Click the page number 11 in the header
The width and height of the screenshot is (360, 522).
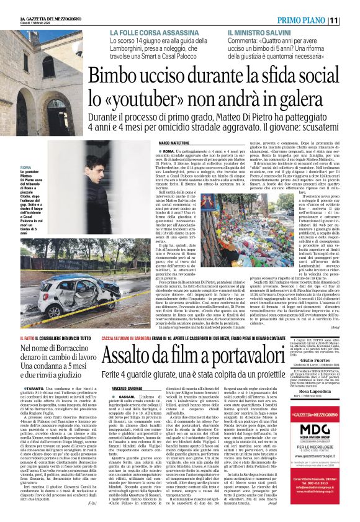coord(348,20)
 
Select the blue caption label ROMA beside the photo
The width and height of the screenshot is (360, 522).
coord(26,168)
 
